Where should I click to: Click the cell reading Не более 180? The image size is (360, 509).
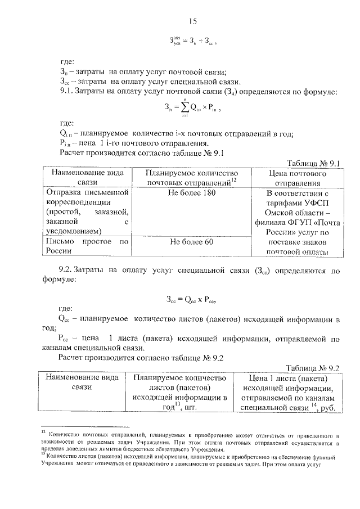pyautogui.click(x=191, y=193)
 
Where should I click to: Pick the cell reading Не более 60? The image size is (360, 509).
pyautogui.click(x=191, y=242)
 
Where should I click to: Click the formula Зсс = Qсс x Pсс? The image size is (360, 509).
pyautogui.click(x=192, y=299)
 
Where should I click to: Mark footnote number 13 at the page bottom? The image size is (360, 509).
pyautogui.click(x=43, y=456)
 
